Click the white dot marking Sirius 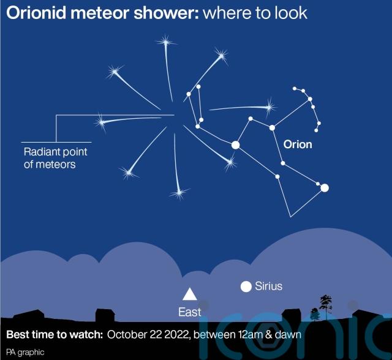(x=246, y=287)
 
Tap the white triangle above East (x=190, y=294)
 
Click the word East (x=189, y=312)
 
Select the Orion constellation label (x=298, y=144)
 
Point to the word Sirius (x=268, y=286)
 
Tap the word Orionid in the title (x=36, y=13)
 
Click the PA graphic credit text (x=25, y=352)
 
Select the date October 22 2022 (x=148, y=334)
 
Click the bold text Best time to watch (x=55, y=334)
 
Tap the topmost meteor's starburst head (x=166, y=42)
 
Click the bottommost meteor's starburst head (x=179, y=193)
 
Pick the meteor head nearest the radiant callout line (x=102, y=122)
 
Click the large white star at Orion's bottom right (x=325, y=188)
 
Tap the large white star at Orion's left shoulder (x=235, y=145)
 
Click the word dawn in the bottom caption (x=288, y=334)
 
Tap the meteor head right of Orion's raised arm (x=269, y=108)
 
